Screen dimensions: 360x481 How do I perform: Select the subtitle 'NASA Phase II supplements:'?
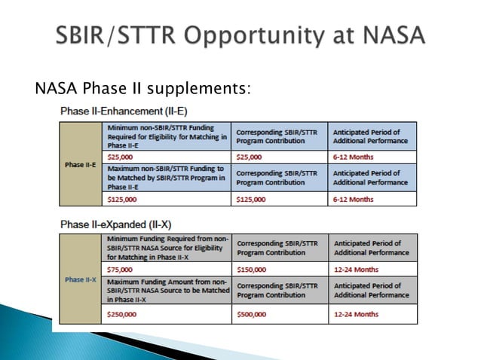pos(142,90)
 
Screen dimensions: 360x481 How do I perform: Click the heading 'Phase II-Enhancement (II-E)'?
pos(124,111)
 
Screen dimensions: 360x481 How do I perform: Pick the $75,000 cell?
pos(167,268)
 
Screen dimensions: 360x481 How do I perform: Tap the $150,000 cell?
pos(280,268)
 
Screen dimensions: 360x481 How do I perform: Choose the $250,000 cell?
pos(167,314)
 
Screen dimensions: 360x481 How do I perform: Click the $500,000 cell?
pos(280,314)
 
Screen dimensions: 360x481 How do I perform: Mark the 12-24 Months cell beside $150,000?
pos(372,268)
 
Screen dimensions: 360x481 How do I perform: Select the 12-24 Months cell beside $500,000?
pos(372,314)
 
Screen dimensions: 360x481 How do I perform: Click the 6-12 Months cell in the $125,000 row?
pos(372,199)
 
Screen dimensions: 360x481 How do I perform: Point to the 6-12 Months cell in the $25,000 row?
pos(372,156)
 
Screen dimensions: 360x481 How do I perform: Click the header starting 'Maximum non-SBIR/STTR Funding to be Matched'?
pos(167,178)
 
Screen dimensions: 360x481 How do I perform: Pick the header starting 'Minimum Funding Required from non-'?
pos(167,247)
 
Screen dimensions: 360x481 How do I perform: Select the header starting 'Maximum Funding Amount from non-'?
pos(167,291)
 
